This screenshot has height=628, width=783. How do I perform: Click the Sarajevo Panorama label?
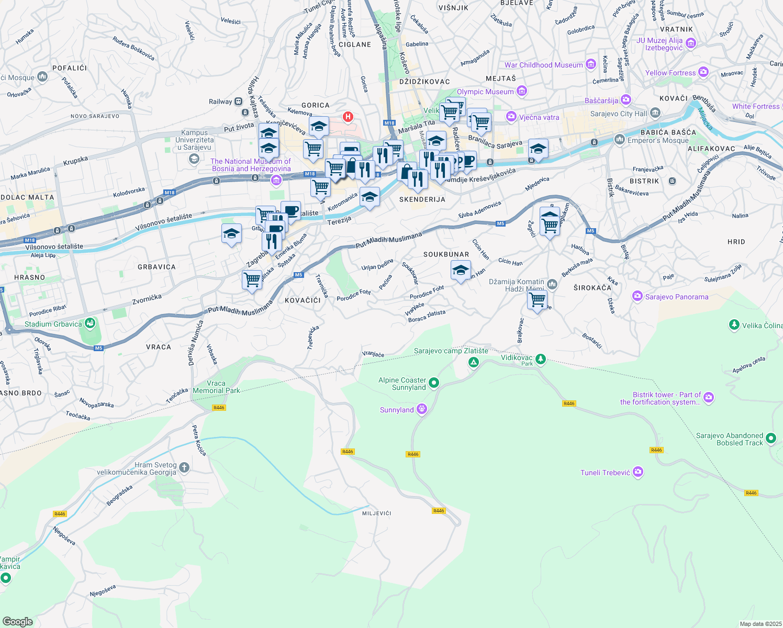click(676, 297)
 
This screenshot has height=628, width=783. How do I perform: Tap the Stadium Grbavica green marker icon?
click(90, 323)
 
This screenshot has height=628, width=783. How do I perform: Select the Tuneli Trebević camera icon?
click(637, 472)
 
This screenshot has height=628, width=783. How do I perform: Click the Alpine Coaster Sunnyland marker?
click(433, 384)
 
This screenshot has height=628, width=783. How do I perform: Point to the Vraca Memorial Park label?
click(216, 387)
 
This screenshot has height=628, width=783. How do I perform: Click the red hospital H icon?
click(348, 117)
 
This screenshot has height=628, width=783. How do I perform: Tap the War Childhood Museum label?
click(543, 65)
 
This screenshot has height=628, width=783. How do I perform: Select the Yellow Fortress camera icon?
click(703, 72)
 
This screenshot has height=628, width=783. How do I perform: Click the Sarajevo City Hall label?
click(618, 114)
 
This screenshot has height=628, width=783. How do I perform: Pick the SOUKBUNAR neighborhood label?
click(446, 254)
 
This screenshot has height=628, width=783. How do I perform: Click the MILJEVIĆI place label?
click(376, 513)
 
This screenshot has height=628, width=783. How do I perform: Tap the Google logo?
click(17, 621)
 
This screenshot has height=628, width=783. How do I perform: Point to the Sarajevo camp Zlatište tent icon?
click(473, 362)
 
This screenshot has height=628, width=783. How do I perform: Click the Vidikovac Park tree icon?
click(541, 359)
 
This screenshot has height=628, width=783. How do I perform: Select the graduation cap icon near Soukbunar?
click(460, 271)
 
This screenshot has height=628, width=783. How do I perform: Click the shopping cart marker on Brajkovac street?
click(538, 300)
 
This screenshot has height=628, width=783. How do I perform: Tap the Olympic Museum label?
click(485, 92)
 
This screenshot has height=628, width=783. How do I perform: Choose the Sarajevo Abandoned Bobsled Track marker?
click(771, 439)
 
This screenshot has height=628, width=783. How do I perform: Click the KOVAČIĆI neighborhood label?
click(303, 300)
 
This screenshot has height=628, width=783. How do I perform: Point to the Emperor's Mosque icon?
click(620, 139)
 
